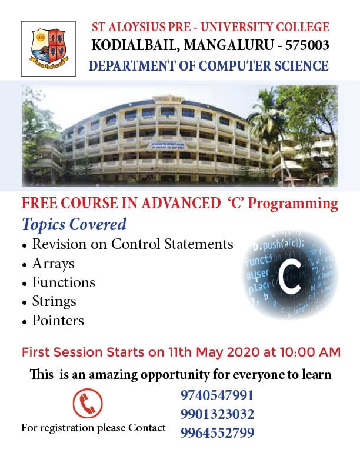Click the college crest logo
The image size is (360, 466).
click(48, 49)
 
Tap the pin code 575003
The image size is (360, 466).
click(307, 45)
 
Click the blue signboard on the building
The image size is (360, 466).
click(168, 145)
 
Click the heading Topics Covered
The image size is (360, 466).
click(74, 224)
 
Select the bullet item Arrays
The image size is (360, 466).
click(53, 264)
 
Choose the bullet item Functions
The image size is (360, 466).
click(64, 282)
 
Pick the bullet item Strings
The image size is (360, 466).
click(54, 302)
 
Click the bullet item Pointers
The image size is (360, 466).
click(58, 320)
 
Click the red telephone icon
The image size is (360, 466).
click(88, 403)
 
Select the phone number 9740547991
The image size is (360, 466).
click(217, 395)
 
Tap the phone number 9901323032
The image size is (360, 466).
click(218, 414)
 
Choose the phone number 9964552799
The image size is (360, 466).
click(218, 432)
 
